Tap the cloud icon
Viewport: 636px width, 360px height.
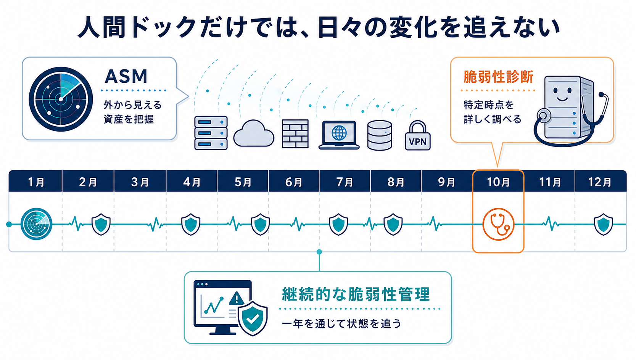point(254,133)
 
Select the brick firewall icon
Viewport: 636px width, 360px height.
point(295,134)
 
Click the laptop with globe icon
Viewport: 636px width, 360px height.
point(339,135)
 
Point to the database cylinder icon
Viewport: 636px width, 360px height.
point(380,135)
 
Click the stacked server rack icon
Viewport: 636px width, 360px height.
point(211,133)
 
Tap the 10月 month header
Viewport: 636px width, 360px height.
point(498,182)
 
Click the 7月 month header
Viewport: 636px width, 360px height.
point(345,182)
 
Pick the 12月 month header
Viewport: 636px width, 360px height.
point(600,182)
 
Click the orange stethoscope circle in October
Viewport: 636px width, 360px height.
point(498,224)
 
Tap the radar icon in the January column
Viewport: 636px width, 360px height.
point(36,224)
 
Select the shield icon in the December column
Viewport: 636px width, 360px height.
point(603,225)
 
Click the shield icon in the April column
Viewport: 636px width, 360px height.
point(190,225)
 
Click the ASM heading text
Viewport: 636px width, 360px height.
point(126,76)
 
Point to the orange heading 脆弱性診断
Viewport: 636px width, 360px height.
point(498,77)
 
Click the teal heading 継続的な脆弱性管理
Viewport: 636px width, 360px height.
point(356,294)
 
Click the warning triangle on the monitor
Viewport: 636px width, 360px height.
point(236,298)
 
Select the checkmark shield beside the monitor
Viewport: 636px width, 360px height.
point(253,318)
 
